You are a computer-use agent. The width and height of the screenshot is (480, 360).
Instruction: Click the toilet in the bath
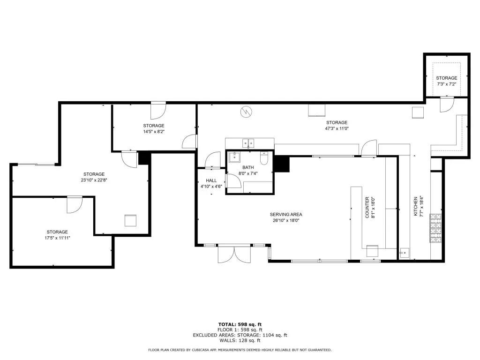click(x=264, y=158)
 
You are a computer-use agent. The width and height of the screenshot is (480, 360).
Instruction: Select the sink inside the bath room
click(x=235, y=157)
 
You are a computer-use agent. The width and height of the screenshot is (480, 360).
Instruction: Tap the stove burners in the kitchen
click(x=436, y=228)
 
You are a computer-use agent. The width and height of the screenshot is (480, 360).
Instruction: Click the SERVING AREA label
click(x=286, y=214)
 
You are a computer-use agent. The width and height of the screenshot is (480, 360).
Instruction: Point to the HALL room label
click(x=211, y=180)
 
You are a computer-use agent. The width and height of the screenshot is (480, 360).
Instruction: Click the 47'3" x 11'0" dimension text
click(x=337, y=128)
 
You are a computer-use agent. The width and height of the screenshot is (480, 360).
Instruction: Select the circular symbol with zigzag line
click(x=246, y=112)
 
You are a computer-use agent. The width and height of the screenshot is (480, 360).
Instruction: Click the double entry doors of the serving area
click(x=234, y=254)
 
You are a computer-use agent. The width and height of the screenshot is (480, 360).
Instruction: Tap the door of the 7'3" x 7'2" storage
click(x=447, y=105)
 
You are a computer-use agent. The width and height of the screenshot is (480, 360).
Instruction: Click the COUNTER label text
click(x=367, y=208)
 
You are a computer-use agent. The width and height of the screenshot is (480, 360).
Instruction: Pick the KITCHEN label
click(x=416, y=206)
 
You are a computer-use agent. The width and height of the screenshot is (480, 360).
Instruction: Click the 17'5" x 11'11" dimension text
click(x=57, y=238)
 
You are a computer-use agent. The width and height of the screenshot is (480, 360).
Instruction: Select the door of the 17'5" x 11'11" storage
click(x=75, y=204)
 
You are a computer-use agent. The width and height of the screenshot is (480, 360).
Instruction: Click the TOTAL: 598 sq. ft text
click(x=240, y=324)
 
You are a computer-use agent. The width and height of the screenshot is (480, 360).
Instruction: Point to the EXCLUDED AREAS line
click(x=240, y=335)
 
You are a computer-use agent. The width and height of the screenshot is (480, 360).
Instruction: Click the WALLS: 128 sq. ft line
click(x=240, y=340)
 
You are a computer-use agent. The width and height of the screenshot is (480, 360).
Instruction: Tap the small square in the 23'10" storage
click(x=130, y=220)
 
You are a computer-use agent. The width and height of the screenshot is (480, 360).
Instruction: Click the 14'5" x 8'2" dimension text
click(x=154, y=132)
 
